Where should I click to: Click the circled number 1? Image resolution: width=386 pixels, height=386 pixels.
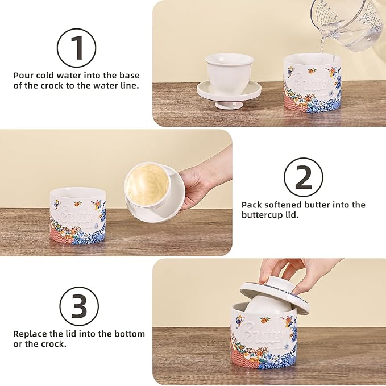pos(76,48)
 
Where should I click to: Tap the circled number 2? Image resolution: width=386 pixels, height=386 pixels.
pos(304,177)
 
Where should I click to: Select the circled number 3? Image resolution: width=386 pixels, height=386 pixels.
pos(79,306)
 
